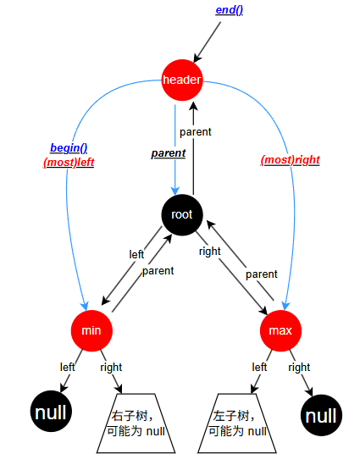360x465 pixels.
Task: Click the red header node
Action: pos(182,80)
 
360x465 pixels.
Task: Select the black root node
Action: pos(182,214)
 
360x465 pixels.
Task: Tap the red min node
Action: pos(91,330)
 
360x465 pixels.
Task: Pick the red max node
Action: pos(280,330)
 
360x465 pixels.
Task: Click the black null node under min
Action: pos(51,412)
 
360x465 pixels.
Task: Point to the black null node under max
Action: pos(321,415)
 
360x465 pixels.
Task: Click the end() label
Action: pos(230,10)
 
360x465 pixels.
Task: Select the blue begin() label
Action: pos(69,147)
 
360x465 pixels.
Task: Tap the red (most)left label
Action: pos(69,163)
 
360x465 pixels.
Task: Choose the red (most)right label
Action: pos(291,160)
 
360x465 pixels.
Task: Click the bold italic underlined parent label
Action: pos(169,153)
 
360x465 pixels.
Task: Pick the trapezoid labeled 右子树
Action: pos(136,423)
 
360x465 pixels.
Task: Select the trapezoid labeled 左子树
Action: pos(237,423)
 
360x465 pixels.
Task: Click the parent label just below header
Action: pos(196,132)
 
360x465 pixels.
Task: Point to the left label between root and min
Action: pos(136,254)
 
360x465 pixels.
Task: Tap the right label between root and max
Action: pos(210,252)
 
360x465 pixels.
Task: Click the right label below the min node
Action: pos(111,367)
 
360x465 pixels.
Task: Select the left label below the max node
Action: pos(259,367)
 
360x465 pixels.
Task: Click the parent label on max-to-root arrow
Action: pos(261,274)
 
